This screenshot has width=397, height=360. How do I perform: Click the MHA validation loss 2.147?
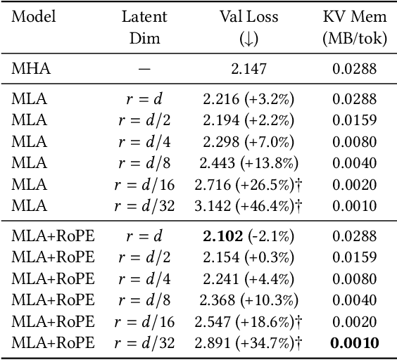tap(246, 68)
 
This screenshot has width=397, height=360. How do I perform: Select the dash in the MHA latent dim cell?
tap(144, 68)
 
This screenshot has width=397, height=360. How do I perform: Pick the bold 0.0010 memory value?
tap(355, 342)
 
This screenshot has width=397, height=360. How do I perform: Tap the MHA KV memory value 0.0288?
tap(355, 68)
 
